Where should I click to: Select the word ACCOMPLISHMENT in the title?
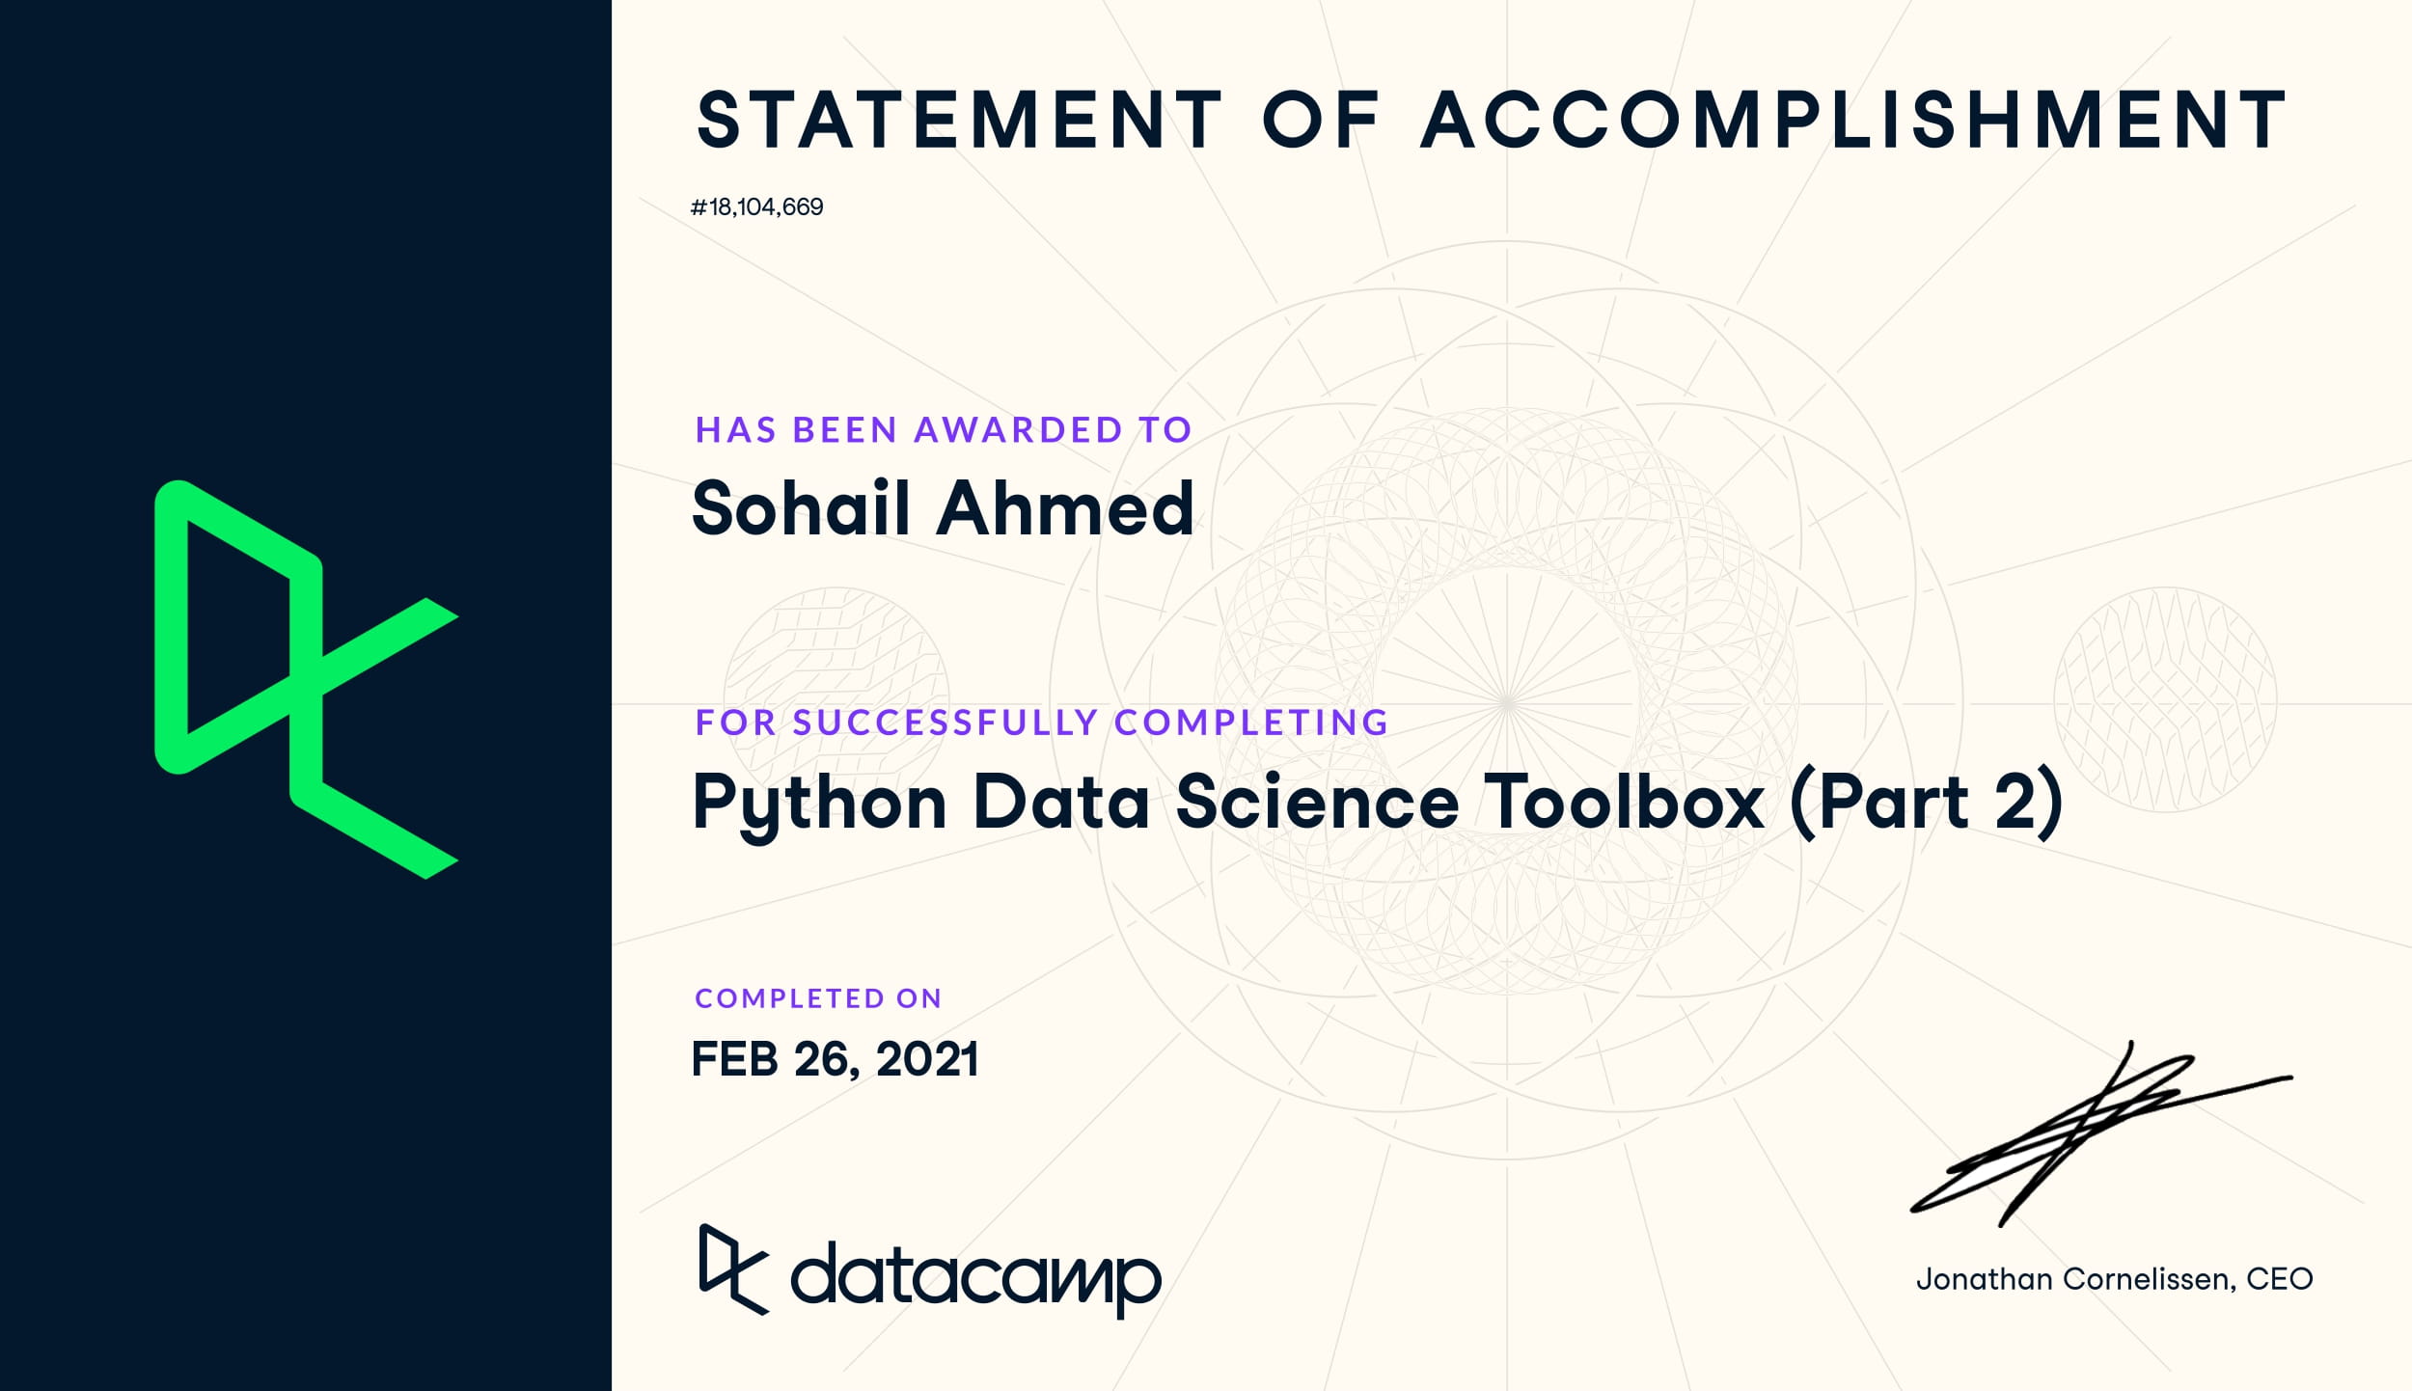point(1853,121)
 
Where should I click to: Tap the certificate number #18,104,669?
point(757,207)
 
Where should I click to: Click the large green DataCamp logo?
point(307,679)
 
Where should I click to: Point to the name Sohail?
point(802,507)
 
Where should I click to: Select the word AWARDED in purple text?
point(1019,430)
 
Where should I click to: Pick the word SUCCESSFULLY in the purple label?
point(946,723)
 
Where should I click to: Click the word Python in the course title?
point(820,803)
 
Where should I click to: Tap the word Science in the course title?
point(1317,801)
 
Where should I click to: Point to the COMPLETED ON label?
point(818,998)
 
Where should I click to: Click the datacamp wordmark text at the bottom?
point(975,1279)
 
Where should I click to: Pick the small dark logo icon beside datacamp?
point(733,1269)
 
